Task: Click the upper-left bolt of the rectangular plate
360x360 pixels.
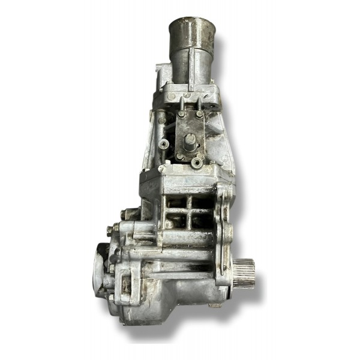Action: pyautogui.click(x=181, y=113)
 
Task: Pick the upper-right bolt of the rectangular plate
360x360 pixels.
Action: pyautogui.click(x=199, y=113)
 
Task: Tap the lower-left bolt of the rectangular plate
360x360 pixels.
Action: pyautogui.click(x=180, y=157)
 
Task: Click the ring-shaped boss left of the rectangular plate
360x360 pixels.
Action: pyautogui.click(x=164, y=143)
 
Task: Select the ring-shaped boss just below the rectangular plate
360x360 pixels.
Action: pyautogui.click(x=197, y=162)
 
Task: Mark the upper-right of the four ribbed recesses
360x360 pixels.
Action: pyautogui.click(x=197, y=202)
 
